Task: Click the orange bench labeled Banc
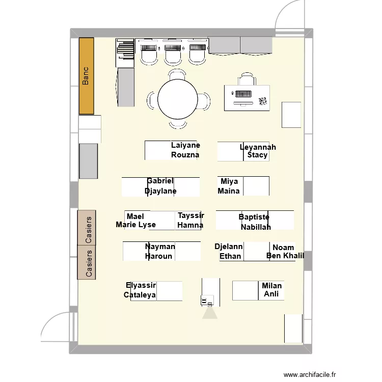pyautogui.click(x=87, y=76)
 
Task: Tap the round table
pyautogui.click(x=178, y=99)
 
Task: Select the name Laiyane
pyautogui.click(x=185, y=145)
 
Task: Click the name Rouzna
pyautogui.click(x=185, y=155)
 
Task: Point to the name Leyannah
pyautogui.click(x=258, y=147)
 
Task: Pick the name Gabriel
pyautogui.click(x=160, y=181)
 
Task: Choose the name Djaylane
pyautogui.click(x=160, y=191)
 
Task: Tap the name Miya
pyautogui.click(x=229, y=181)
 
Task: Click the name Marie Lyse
pyautogui.click(x=135, y=225)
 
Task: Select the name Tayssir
pyautogui.click(x=191, y=215)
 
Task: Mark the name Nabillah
pyautogui.click(x=256, y=227)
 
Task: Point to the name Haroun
pyautogui.click(x=158, y=256)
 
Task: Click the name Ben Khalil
pyautogui.click(x=285, y=256)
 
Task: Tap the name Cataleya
pyautogui.click(x=140, y=295)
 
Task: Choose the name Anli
pyautogui.click(x=271, y=294)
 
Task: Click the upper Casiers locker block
pyautogui.click(x=87, y=228)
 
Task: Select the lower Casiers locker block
pyautogui.click(x=87, y=262)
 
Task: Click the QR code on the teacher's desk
pyautogui.click(x=263, y=101)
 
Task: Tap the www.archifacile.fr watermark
pyautogui.click(x=310, y=374)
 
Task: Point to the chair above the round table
pyautogui.click(x=178, y=74)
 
